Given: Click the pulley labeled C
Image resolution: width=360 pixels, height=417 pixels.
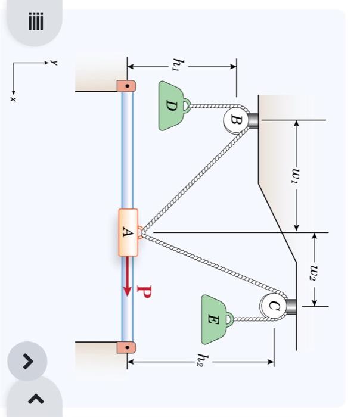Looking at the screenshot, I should (x=272, y=306).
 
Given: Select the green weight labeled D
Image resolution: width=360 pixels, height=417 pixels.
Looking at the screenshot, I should (x=171, y=106).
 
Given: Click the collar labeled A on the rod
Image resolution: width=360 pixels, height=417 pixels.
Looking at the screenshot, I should (x=128, y=232).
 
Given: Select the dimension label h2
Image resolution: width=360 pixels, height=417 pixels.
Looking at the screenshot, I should (x=203, y=359).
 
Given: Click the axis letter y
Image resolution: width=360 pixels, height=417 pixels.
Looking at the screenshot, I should (x=54, y=61).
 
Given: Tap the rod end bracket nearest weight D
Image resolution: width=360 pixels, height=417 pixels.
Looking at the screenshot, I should (x=126, y=86).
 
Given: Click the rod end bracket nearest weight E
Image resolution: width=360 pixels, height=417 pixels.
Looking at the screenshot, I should (x=126, y=346).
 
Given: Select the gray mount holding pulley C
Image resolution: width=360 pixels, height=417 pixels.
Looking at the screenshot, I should (x=290, y=306).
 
